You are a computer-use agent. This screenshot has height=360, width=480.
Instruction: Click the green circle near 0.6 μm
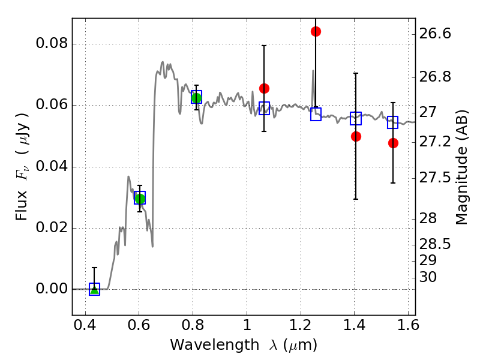(140, 199)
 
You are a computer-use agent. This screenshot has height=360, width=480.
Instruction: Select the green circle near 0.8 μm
(196, 98)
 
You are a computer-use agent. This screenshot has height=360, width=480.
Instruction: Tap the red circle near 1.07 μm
(264, 88)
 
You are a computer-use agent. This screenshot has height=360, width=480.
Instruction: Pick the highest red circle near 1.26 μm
(316, 31)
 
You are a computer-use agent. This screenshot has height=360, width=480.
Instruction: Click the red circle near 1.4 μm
(356, 136)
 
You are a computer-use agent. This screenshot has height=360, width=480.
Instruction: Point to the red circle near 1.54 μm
(393, 143)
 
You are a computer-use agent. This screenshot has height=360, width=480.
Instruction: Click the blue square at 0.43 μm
(94, 289)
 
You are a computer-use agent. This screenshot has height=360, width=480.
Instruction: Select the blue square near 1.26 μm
(316, 114)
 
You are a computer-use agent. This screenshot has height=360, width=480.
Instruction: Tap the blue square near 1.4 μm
(356, 118)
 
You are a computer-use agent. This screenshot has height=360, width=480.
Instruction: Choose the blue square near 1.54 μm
(393, 122)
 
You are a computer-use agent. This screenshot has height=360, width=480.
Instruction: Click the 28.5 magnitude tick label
(435, 244)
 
